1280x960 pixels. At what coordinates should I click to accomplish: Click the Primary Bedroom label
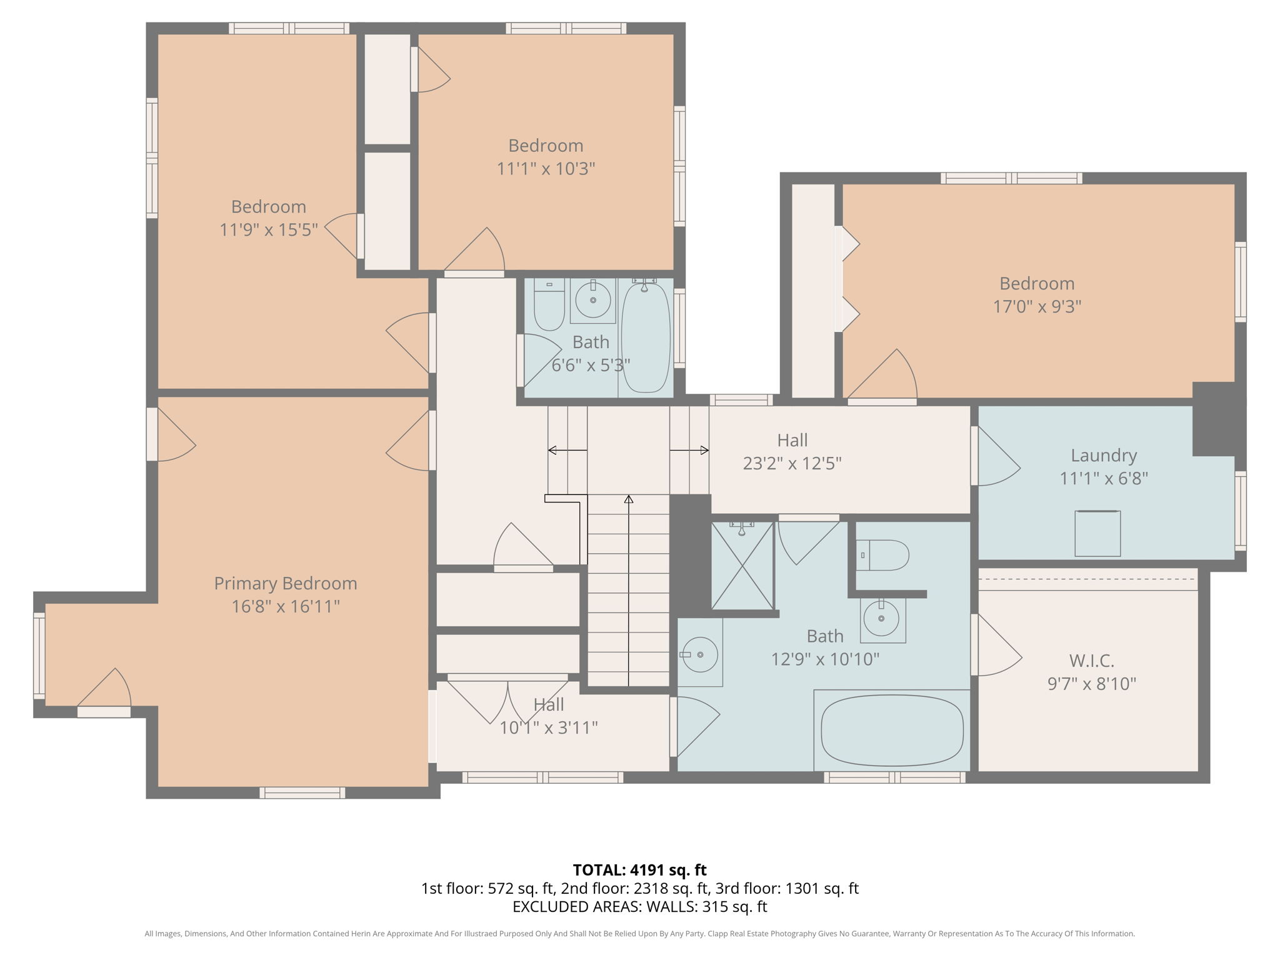(286, 583)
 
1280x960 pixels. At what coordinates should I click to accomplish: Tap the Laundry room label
(1103, 455)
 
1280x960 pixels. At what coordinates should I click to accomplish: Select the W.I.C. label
(1091, 660)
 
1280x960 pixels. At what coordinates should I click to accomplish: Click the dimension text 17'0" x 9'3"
(1037, 306)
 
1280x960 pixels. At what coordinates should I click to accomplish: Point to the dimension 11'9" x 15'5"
(268, 229)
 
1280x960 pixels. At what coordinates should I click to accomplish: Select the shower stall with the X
(742, 566)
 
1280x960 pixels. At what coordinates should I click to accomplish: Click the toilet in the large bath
(882, 555)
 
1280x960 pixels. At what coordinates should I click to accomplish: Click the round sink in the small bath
(592, 300)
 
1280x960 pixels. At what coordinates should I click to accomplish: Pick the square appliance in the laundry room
(1097, 533)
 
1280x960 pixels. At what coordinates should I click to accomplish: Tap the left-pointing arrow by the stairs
(554, 450)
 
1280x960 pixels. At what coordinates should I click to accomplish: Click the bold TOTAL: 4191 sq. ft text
(639, 869)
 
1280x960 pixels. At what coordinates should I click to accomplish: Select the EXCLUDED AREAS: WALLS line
(639, 906)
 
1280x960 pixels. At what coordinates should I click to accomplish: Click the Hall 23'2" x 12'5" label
(792, 451)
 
